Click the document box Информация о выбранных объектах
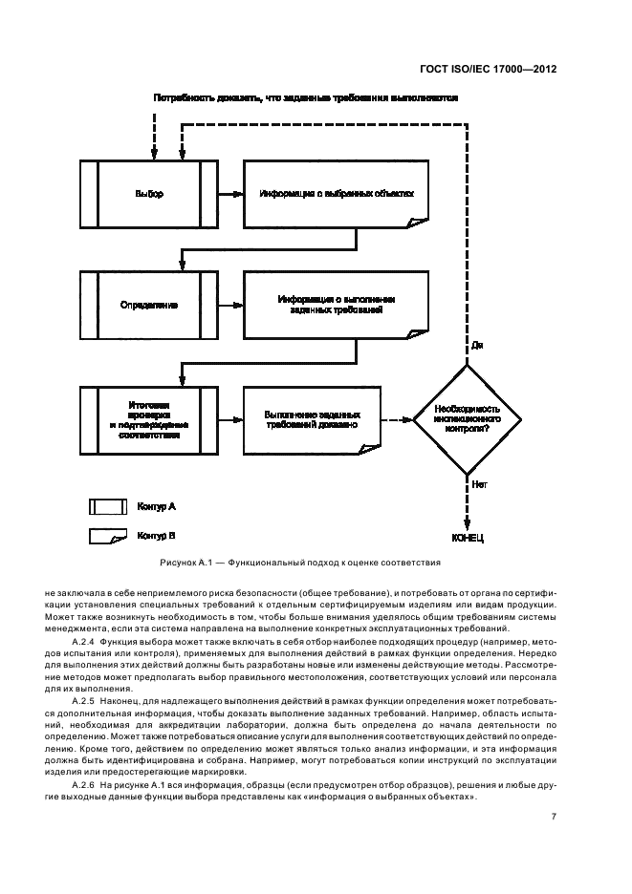pyautogui.click(x=337, y=194)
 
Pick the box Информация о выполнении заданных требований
pyautogui.click(x=337, y=305)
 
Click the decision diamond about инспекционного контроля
pyautogui.click(x=468, y=417)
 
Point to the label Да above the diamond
pyautogui.click(x=477, y=345)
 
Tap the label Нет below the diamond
pyautogui.click(x=479, y=485)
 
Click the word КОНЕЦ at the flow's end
pyautogui.click(x=468, y=538)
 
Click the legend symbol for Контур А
pyautogui.click(x=108, y=506)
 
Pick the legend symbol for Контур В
pyautogui.click(x=108, y=537)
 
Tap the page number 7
pyautogui.click(x=555, y=817)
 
